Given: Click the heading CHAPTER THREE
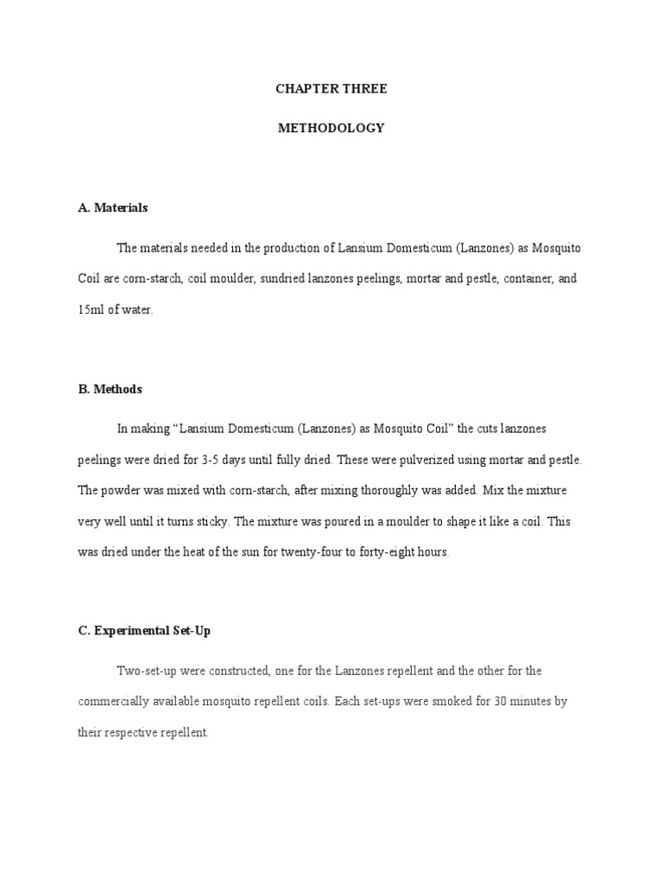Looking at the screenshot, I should coord(331,89).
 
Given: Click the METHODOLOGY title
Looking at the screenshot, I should coord(331,128).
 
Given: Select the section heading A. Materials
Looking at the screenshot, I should coord(112,207).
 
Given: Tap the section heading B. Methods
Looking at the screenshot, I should coord(110,390).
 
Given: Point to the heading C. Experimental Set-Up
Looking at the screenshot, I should coord(144,631).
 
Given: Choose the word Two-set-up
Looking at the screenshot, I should coord(146,670).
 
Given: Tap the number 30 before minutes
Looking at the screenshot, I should coord(500,701).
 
